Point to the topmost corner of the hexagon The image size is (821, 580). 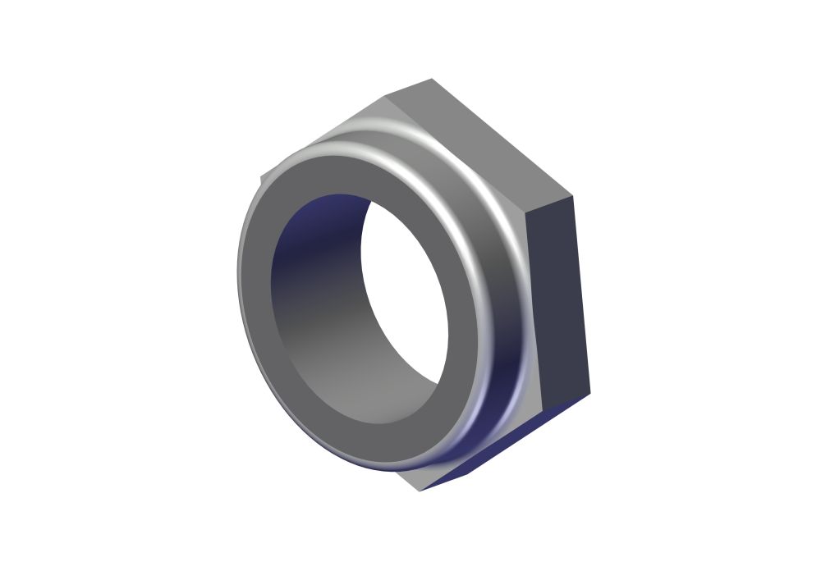(432, 80)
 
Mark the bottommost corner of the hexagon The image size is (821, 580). (421, 491)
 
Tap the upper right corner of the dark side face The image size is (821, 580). (572, 197)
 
